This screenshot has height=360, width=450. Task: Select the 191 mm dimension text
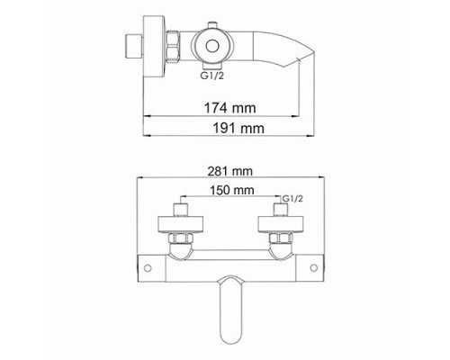click(x=223, y=128)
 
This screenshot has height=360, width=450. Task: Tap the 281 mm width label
click(x=223, y=170)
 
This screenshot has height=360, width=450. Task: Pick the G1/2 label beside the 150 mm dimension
click(x=292, y=197)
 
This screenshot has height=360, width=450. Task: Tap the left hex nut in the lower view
click(x=179, y=238)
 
